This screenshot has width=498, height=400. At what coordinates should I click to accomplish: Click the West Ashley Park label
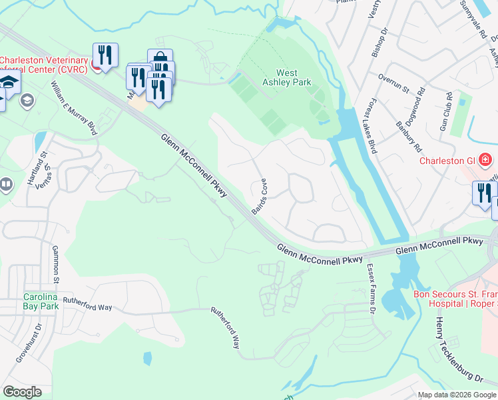click(294, 77)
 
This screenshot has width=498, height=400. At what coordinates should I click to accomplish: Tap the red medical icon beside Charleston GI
click(484, 161)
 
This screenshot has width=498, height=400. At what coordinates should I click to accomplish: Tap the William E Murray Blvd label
click(75, 108)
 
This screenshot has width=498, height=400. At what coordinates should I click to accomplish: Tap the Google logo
click(23, 391)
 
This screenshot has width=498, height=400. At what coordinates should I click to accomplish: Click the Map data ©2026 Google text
click(456, 395)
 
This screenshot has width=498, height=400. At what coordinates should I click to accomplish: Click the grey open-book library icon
click(6, 183)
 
